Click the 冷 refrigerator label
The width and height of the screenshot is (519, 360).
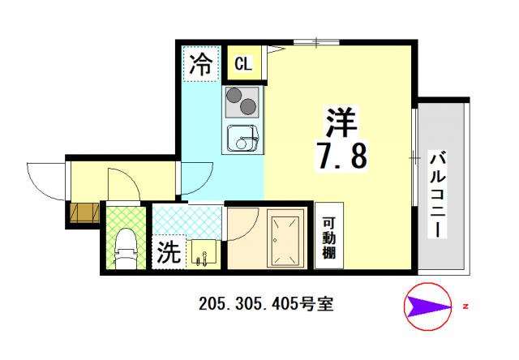click(200, 64)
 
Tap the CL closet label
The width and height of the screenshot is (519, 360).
click(243, 63)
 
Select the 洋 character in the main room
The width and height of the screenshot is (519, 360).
click(341, 122)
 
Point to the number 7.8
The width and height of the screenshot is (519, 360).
click(342, 156)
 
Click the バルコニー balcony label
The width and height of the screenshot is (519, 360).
click(438, 195)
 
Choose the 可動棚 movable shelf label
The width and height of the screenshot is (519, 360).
click(329, 238)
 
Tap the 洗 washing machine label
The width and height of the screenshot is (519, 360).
click(169, 252)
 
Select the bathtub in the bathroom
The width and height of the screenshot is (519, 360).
click(285, 241)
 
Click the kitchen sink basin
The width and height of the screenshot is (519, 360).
click(242, 137)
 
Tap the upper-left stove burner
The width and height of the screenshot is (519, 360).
click(234, 96)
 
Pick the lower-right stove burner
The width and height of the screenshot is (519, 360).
click(248, 107)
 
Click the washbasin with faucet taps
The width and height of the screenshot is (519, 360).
click(204, 253)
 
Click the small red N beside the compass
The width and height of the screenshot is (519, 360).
click(465, 306)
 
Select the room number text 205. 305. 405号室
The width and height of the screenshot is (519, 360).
click(266, 304)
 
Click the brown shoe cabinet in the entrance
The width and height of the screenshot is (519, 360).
click(84, 212)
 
